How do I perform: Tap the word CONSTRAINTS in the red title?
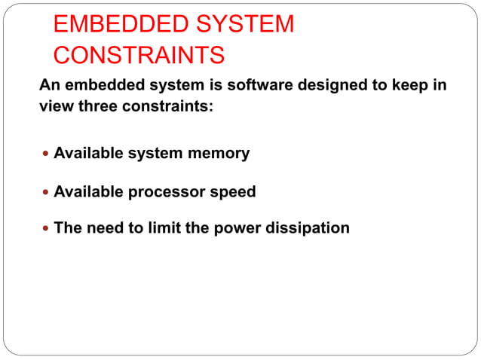pos(139,55)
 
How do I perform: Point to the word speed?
pos(234,192)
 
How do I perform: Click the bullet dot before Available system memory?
pos(47,154)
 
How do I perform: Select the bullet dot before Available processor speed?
pos(47,192)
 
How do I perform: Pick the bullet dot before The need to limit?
pos(47,228)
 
